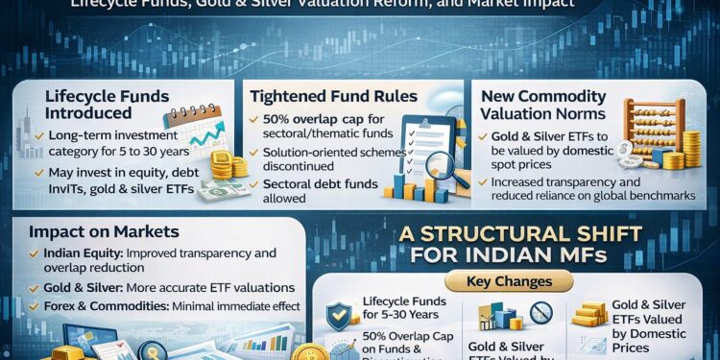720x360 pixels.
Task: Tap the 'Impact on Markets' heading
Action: pos(103,231)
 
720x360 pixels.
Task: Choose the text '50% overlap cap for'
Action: pos(316,118)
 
